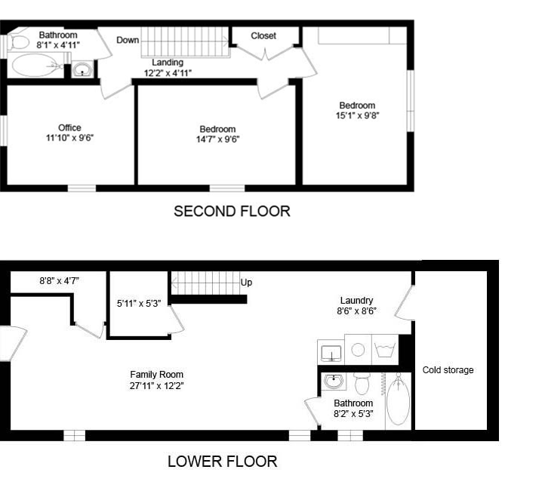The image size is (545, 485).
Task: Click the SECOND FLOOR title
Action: [232, 212]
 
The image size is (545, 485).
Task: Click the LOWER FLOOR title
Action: [223, 462]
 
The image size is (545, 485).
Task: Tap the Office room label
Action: [69, 128]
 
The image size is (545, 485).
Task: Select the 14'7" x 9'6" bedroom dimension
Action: [218, 139]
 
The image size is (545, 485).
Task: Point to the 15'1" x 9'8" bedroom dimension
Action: [357, 115]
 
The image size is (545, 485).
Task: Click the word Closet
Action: [263, 36]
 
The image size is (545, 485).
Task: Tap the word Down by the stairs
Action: [128, 40]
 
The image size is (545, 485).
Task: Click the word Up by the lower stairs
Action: [246, 283]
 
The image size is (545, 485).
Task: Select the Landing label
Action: [168, 63]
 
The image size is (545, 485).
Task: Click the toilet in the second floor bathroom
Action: [18, 42]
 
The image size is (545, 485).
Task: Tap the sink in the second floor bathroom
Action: [82, 69]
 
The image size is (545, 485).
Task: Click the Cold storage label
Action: [448, 370]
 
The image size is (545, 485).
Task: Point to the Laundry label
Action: [356, 300]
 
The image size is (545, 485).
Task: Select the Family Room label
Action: [157, 375]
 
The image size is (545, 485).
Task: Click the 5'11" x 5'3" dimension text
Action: [139, 304]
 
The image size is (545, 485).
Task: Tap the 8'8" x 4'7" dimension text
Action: [59, 280]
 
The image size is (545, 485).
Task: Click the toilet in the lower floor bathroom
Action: [362, 384]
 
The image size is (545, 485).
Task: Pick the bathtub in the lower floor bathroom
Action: [399, 400]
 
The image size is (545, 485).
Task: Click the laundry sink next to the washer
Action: [331, 353]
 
